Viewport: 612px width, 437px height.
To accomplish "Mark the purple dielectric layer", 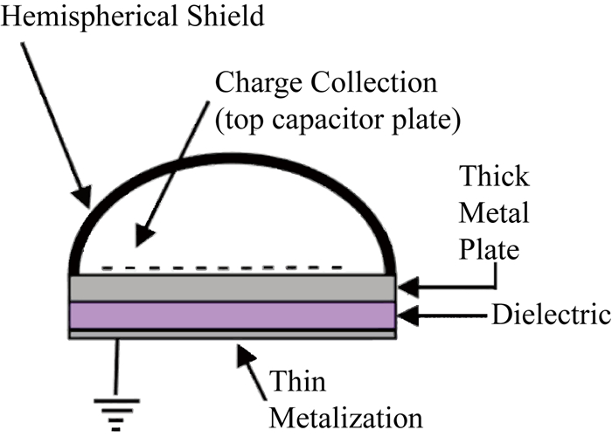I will point(233,316).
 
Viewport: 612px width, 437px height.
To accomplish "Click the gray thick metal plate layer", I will point(233,287).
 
